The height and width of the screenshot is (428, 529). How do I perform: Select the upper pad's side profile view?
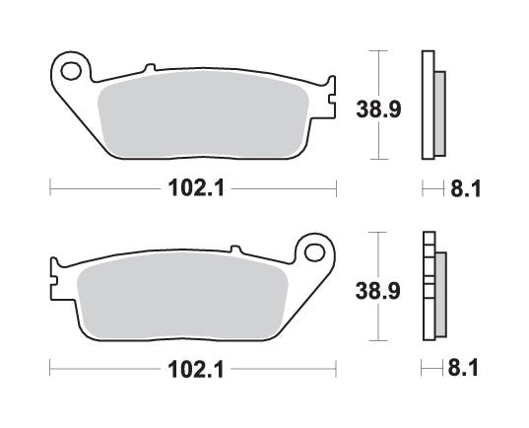pos(431,104)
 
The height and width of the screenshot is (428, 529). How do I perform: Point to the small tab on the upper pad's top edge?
pos(150,68)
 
